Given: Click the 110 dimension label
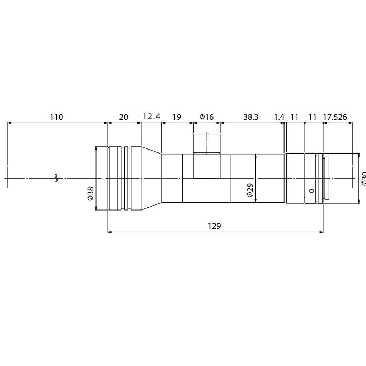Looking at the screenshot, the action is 56,117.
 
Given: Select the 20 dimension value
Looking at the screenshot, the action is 124,117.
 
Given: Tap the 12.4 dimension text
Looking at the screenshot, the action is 152,117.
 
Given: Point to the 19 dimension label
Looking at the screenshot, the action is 177,117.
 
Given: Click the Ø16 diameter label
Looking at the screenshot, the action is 207,117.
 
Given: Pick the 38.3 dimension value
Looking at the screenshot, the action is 251,117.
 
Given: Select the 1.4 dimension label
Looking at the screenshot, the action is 279,117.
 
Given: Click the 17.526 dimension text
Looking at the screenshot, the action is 335,117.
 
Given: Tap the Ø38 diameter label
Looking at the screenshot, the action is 90,193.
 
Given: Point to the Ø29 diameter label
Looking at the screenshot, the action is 250,190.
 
